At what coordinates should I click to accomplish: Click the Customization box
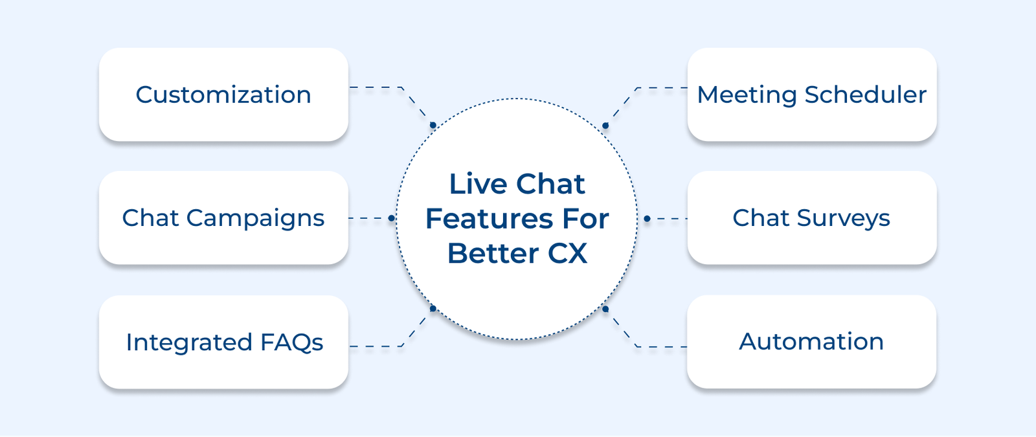click(223, 95)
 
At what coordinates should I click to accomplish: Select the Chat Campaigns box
click(223, 218)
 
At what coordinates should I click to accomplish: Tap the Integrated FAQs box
click(223, 342)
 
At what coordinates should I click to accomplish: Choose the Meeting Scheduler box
click(812, 95)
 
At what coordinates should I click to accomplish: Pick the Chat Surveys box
click(812, 218)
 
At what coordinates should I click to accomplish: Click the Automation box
click(811, 342)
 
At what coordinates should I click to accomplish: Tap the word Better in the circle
click(493, 253)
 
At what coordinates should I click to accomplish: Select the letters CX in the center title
click(568, 253)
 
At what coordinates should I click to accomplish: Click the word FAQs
click(291, 342)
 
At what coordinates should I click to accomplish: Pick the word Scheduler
click(865, 95)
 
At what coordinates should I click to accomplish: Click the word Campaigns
click(255, 219)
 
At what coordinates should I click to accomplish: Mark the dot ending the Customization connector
click(433, 125)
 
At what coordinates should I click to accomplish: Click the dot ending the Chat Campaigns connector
click(391, 218)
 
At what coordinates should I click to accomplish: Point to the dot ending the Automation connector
click(605, 309)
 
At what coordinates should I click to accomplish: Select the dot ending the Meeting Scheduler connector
click(605, 126)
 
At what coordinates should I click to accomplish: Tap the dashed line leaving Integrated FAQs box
click(376, 346)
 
